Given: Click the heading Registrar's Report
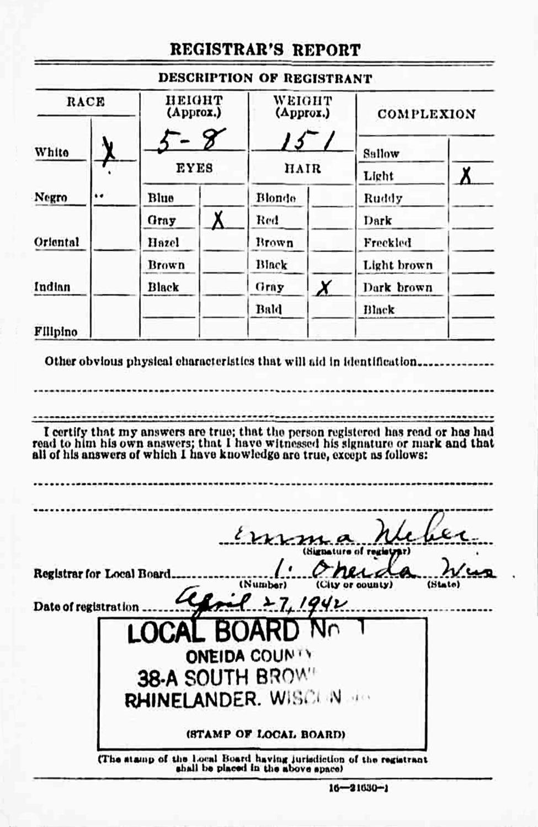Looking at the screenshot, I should (x=265, y=50).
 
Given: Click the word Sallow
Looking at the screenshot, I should (x=381, y=154).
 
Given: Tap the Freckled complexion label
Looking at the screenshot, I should (x=387, y=243).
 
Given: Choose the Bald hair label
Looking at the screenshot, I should (x=269, y=309).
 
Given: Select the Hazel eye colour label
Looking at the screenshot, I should (x=163, y=243).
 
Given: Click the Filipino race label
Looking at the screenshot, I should (x=56, y=332).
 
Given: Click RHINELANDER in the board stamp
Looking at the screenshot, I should (x=193, y=700).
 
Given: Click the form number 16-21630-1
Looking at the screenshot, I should (x=359, y=788).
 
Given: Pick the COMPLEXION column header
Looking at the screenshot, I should (x=426, y=114).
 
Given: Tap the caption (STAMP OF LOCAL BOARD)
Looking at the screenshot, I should (x=265, y=734).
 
